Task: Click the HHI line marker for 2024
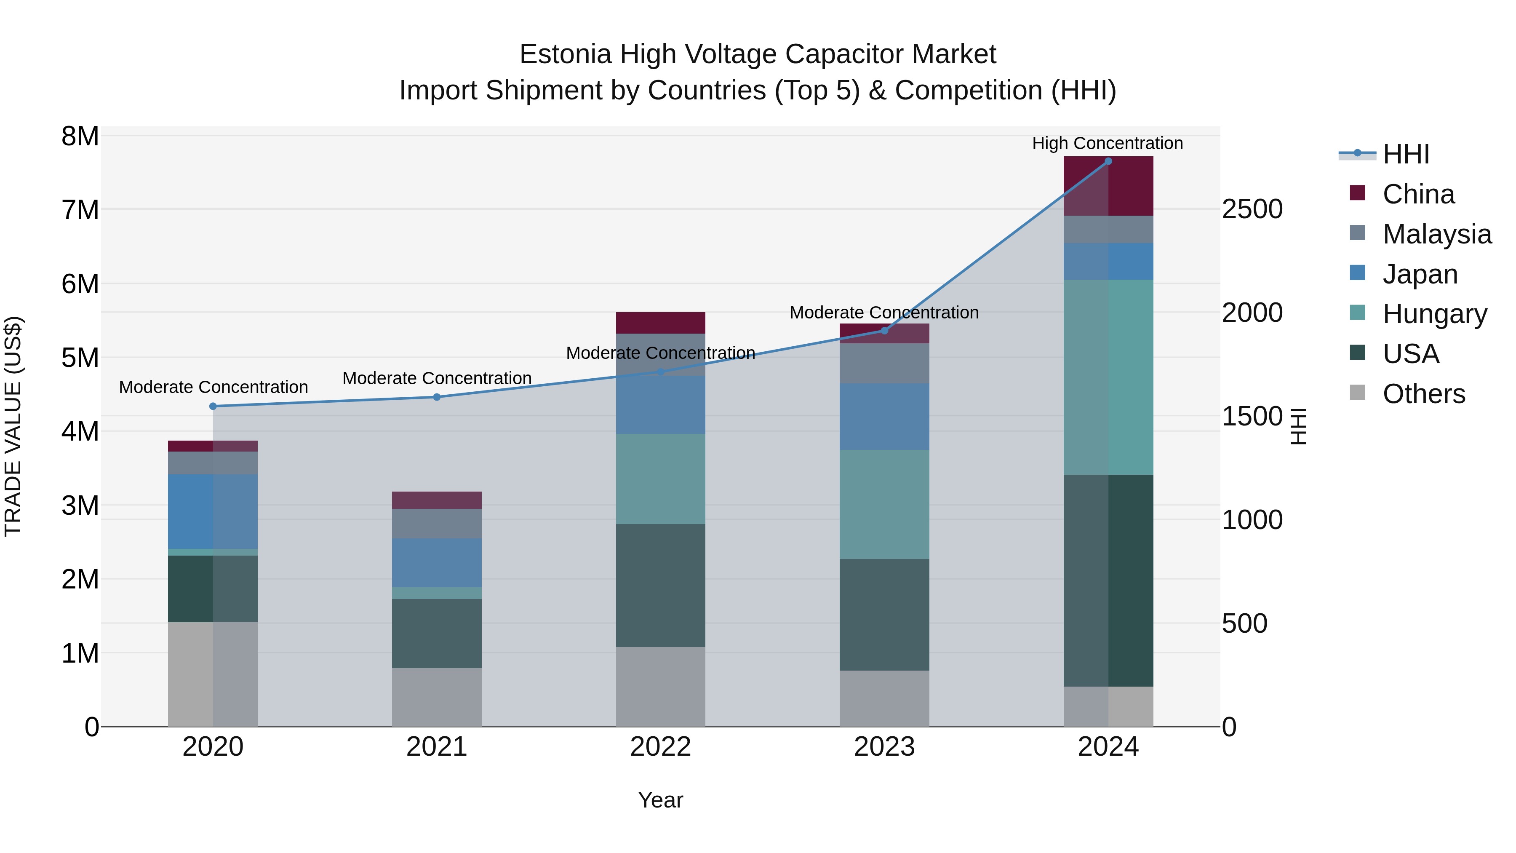click(1108, 161)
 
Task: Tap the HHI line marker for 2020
click(213, 406)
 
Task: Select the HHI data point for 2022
click(660, 372)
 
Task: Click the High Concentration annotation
click(1107, 143)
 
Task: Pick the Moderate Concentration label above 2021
click(437, 378)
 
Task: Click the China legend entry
click(1418, 194)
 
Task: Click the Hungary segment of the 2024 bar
click(1108, 377)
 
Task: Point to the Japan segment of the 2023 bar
click(884, 416)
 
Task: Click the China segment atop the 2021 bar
click(437, 500)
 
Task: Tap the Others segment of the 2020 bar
click(213, 674)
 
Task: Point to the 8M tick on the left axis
click(80, 136)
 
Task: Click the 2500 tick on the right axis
click(1252, 210)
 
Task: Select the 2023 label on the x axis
click(884, 747)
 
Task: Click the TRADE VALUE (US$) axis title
click(13, 426)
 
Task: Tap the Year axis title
click(660, 800)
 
